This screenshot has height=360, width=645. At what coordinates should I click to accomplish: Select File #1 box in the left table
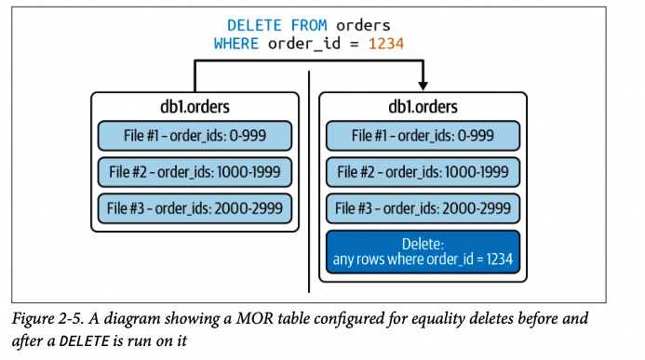(x=195, y=135)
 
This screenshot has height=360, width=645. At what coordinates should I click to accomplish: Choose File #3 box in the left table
(x=195, y=207)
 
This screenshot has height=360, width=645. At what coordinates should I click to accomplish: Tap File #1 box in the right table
(x=423, y=135)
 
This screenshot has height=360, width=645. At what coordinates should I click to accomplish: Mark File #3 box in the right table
(x=423, y=207)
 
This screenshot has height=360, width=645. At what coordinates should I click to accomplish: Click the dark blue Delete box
(x=423, y=250)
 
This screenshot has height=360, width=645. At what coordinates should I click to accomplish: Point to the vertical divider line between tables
(x=309, y=186)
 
